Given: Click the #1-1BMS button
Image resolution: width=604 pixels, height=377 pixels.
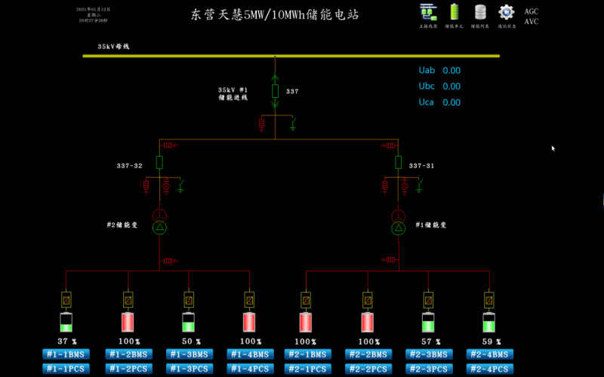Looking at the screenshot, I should pos(66,354).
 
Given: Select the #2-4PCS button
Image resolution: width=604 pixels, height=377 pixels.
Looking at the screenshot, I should pos(490,369).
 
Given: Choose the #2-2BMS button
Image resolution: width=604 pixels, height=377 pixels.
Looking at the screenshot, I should pos(368,354).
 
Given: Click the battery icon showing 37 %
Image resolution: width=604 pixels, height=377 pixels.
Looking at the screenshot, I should pos(66,322).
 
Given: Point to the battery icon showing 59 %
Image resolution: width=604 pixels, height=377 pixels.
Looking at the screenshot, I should pos(490,322).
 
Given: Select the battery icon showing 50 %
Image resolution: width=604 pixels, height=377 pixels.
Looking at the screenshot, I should pos(189,322).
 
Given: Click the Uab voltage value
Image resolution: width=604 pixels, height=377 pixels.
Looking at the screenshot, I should pos(451,71).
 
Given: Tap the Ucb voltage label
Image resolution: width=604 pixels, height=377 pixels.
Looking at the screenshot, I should pos(427,87).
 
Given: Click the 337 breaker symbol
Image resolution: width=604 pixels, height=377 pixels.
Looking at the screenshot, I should pos(276,91).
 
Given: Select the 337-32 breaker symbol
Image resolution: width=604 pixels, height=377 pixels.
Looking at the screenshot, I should pos(159,162).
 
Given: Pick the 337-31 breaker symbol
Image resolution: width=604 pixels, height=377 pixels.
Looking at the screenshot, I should pos(399,162).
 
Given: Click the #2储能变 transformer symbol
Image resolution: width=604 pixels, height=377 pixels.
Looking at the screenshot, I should pos(159,222).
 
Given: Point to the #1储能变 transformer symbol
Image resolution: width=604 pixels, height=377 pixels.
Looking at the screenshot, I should pos(399,222).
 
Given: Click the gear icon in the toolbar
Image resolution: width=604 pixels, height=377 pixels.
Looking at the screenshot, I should pos(506,12).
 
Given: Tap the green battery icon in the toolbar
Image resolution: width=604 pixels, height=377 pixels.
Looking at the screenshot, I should pos(455,12).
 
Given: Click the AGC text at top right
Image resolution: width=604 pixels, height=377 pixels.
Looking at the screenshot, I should pos(532,12).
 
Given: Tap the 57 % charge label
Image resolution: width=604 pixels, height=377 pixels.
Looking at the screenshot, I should pos(428,342).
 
